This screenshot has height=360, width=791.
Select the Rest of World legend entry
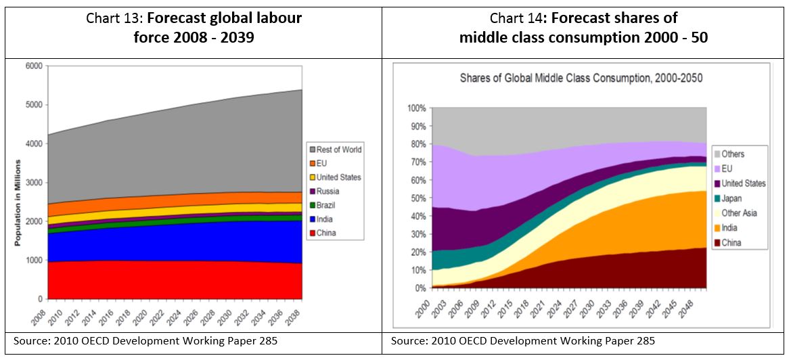pos(338,150)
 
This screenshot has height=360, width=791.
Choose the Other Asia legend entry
pos(739,213)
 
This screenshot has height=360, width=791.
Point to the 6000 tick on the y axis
pos(34,66)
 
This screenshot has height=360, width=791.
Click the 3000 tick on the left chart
pos(34,183)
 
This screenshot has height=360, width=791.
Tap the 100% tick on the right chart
pos(416,108)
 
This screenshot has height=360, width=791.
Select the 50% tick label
pos(417,198)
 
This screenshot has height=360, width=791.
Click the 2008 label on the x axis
pos(42,315)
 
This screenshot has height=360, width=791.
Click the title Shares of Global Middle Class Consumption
pos(581,78)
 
